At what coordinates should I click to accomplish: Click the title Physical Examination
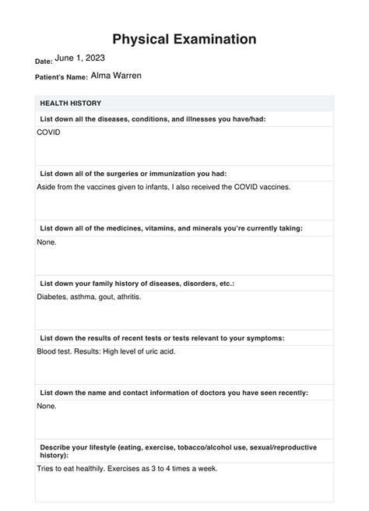[x=184, y=38]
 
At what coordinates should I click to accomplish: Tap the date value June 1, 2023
[x=80, y=58]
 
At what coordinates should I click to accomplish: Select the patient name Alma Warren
[x=116, y=76]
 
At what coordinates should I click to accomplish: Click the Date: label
[x=44, y=60]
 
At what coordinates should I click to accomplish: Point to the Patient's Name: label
[x=61, y=78]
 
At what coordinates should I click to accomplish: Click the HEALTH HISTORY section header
[x=70, y=103]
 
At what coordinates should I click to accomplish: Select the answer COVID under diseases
[x=48, y=132]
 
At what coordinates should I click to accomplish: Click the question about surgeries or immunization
[x=133, y=174]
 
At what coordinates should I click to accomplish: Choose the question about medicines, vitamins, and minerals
[x=171, y=228]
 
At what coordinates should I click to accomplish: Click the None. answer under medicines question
[x=47, y=242]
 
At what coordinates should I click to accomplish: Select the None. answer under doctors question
[x=47, y=406]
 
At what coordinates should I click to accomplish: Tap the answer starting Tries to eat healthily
[x=127, y=469]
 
